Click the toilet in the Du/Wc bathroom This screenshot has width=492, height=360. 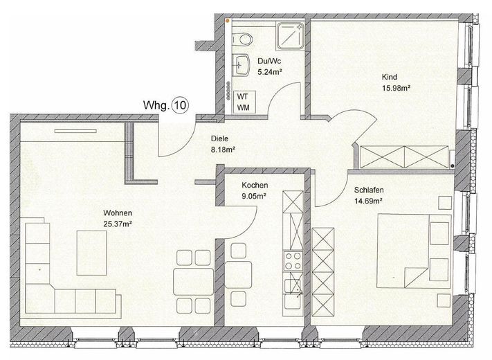[x=242, y=39]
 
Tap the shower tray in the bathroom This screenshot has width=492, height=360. [x=290, y=37]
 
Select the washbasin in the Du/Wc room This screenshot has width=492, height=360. [x=241, y=64]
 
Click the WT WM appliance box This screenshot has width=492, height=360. [x=243, y=101]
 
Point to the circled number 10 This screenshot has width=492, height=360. [x=181, y=105]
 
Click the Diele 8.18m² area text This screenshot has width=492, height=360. [x=223, y=144]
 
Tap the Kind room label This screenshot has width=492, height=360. [x=390, y=77]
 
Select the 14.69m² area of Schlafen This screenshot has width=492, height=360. [x=368, y=201]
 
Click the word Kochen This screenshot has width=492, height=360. [x=255, y=185]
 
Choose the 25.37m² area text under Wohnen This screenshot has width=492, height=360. [x=118, y=224]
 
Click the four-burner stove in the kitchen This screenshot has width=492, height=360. [x=293, y=260]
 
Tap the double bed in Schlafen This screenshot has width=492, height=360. [x=414, y=251]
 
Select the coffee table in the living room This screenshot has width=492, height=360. [x=91, y=253]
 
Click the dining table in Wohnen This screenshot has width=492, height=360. [x=193, y=281]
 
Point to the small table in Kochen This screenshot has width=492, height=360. [x=239, y=275]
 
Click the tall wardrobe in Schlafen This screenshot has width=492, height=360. [x=323, y=272]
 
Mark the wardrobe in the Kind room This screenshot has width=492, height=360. [x=404, y=157]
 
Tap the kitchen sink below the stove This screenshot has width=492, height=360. [x=293, y=294]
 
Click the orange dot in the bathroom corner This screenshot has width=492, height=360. [x=228, y=20]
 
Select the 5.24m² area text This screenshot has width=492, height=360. [x=270, y=72]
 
